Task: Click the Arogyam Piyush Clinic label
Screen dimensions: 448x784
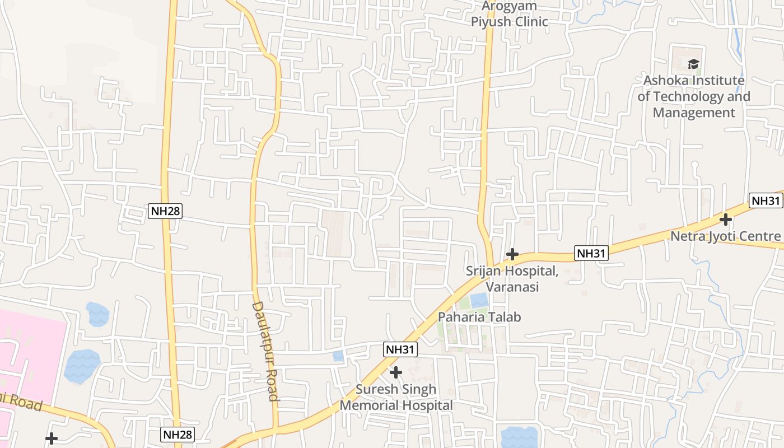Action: point(509,15)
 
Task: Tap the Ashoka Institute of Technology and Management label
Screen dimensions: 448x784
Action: point(694,96)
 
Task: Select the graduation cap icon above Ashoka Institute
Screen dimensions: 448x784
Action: point(694,64)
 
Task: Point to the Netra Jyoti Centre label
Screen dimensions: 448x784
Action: point(725,236)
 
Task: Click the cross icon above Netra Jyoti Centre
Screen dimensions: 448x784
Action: point(726,219)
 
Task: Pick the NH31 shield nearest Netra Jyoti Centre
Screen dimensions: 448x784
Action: point(766,201)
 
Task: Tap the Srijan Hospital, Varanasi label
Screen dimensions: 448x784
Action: point(512,279)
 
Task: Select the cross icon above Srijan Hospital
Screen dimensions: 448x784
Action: point(512,254)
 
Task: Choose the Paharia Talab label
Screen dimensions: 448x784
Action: point(479,317)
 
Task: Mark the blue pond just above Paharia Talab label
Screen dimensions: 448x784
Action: point(479,301)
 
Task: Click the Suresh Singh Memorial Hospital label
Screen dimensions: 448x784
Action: point(396,397)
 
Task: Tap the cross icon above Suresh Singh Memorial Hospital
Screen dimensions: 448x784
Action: point(396,372)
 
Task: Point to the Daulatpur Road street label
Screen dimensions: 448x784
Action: point(265,351)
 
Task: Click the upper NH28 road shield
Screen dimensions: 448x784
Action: point(165,211)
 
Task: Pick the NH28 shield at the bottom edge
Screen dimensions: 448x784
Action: point(178,435)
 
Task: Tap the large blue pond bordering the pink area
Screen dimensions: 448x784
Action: point(82,366)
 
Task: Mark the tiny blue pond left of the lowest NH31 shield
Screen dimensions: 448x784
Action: point(338,356)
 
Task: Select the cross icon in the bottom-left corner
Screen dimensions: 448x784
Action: point(52,438)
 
